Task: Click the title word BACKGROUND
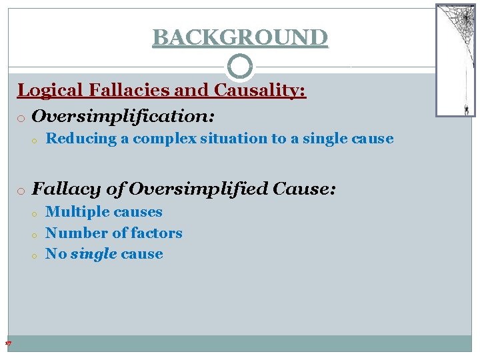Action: (x=240, y=37)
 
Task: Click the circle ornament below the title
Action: (x=240, y=67)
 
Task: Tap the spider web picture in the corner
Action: (x=455, y=60)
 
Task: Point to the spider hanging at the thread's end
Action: (x=466, y=109)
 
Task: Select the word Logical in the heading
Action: (x=47, y=90)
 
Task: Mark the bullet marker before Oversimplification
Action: (x=22, y=118)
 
